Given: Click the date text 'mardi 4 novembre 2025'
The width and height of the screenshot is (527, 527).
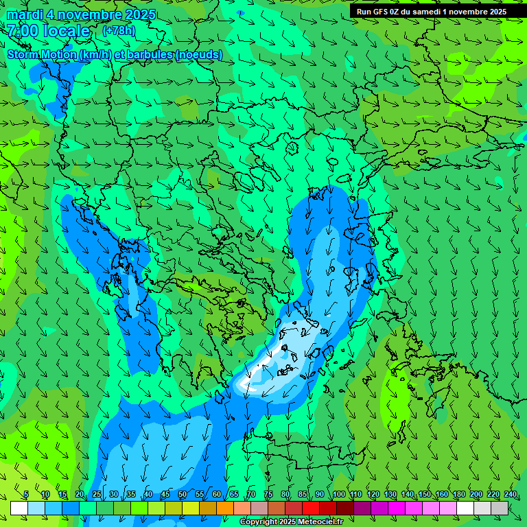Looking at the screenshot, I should (81, 14).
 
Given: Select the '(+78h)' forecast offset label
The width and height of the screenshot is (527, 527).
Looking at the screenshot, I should (119, 30).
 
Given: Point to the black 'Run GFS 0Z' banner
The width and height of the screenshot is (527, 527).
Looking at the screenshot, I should (431, 11).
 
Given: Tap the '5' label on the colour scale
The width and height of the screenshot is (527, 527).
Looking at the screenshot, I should (26, 495).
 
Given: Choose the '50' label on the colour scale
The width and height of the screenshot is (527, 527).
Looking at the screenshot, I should (183, 495).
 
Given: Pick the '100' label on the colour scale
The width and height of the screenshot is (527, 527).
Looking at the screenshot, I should (338, 495).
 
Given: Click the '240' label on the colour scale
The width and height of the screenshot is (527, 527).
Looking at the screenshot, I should (511, 495).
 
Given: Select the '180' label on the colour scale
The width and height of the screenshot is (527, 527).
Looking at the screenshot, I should (459, 495).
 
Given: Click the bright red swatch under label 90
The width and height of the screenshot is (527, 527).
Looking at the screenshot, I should (312, 508).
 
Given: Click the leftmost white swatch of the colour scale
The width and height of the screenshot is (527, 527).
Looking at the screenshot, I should (19, 508).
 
